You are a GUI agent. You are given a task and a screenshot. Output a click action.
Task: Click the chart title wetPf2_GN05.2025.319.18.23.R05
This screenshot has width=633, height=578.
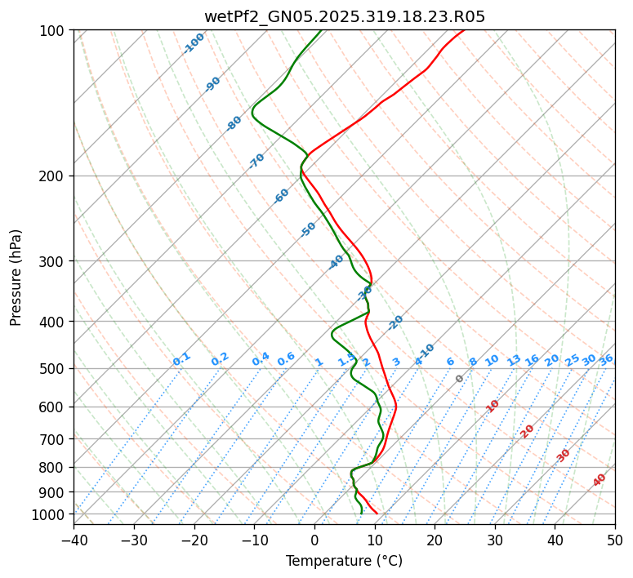pyautogui.click(x=344, y=16)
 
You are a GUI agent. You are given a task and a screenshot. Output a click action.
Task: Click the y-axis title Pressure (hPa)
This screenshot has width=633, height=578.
pyautogui.click(x=16, y=278)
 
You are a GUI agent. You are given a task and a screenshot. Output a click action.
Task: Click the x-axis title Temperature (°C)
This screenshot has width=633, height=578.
pyautogui.click(x=344, y=562)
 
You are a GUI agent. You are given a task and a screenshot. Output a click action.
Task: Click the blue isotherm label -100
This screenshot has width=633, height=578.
pyautogui.click(x=194, y=43)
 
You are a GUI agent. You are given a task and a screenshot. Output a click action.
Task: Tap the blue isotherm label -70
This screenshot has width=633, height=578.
pyautogui.click(x=256, y=161)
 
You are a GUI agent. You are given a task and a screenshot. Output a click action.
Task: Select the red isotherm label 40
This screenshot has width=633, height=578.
pyautogui.click(x=600, y=480)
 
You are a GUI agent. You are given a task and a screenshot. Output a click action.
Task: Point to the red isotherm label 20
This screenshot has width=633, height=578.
pyautogui.click(x=528, y=430)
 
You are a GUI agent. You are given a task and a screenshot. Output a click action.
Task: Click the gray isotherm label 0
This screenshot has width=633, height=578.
pyautogui.click(x=460, y=379)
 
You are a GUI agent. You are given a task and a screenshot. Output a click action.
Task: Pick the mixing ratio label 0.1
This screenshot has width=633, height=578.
pyautogui.click(x=182, y=359)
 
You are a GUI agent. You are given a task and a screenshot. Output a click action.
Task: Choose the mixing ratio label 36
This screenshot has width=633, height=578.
pyautogui.click(x=606, y=360)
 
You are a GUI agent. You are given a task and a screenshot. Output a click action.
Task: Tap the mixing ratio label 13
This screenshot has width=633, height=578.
pyautogui.click(x=514, y=360)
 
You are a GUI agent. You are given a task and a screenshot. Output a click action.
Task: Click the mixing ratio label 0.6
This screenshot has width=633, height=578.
pyautogui.click(x=286, y=360)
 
